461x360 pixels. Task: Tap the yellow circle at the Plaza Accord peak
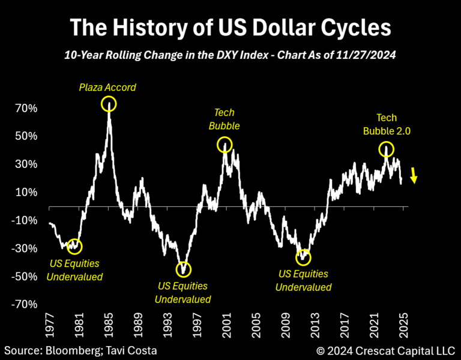(x=109, y=104)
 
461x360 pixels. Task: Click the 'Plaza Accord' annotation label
(x=107, y=88)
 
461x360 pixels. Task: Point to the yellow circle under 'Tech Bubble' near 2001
(x=224, y=145)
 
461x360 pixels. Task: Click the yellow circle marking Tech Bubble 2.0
(x=387, y=149)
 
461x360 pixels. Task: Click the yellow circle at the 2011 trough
(x=304, y=257)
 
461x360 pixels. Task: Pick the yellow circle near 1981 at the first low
(x=74, y=245)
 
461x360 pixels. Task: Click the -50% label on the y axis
(x=26, y=277)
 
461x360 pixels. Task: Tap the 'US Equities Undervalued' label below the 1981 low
(x=75, y=270)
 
